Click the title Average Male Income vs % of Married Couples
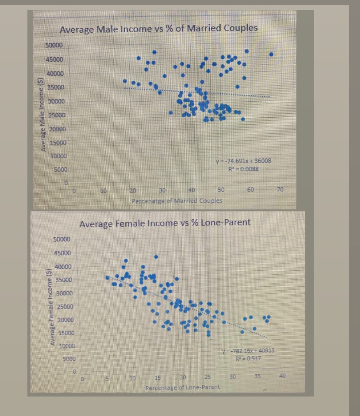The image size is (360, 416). coord(159,28)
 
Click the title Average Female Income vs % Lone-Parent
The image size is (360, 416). coord(165,223)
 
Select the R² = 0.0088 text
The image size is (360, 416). coord(243,168)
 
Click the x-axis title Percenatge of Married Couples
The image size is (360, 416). coord(177,201)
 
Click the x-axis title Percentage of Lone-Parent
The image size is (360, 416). coord(182,387)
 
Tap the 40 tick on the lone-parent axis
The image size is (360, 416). coord(282,377)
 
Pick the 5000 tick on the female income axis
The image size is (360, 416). coord(69,359)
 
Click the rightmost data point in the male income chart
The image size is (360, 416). coord(271,54)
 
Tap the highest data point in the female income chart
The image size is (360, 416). coord(156,257)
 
